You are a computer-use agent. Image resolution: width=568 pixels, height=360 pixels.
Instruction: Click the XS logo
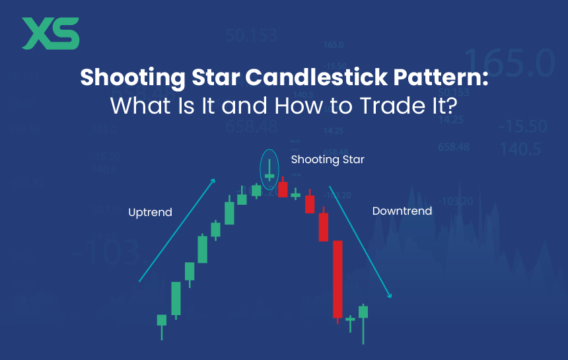pos(51,34)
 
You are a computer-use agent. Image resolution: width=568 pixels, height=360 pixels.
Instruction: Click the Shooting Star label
pos(328,160)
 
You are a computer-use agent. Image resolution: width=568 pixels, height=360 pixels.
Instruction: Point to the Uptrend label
pos(150,212)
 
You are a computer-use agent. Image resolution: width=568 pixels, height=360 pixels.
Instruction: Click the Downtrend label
pos(402,211)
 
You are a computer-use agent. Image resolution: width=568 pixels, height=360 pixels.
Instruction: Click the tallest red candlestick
pos(337,279)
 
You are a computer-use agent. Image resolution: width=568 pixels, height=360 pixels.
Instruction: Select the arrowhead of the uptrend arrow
pos(213,180)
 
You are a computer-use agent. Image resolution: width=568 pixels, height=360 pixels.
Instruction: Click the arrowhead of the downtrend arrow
pos(391,296)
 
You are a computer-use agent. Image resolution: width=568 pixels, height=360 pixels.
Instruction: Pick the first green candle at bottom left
pos(162,320)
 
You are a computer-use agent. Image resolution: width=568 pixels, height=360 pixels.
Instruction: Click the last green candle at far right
pos(363,312)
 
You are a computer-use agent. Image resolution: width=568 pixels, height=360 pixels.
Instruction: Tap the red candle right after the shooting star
pos(283,190)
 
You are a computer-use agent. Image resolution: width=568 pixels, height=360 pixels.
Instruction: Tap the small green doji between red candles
pos(296,194)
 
